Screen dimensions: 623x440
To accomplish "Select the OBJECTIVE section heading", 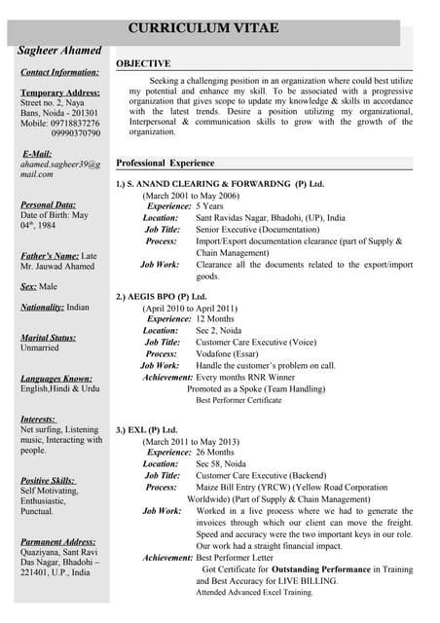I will coord(143,63).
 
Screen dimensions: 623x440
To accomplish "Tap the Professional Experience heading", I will coord(165,163).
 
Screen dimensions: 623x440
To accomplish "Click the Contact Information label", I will coord(59,73).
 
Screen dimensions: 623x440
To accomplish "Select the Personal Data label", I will coord(48,204).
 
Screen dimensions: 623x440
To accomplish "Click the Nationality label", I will coord(42,307).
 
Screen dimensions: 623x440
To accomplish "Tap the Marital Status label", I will coord(48,337).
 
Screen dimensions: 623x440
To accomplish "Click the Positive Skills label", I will coord(48,480).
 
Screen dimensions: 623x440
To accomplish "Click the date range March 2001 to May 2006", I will coord(190,196).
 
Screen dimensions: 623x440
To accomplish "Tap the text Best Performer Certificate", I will coord(238,400).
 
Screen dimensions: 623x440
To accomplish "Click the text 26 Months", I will coord(214,453).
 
